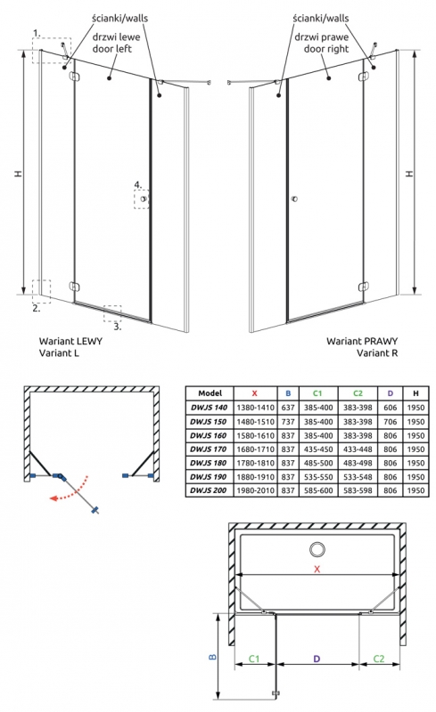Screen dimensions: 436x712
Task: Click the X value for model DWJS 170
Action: (x=255, y=449)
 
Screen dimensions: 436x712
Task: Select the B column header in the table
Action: (x=288, y=393)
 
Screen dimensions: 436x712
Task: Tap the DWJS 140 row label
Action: (x=209, y=408)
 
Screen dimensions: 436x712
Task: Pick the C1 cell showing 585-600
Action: (x=318, y=490)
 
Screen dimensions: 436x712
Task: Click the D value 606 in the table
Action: (x=390, y=408)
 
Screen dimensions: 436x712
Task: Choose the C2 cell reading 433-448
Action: (x=358, y=449)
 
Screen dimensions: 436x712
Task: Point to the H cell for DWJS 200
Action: (x=415, y=490)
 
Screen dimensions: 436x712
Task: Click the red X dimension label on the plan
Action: (x=317, y=569)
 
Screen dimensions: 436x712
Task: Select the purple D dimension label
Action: (x=317, y=659)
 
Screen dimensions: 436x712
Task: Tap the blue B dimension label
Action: (x=212, y=657)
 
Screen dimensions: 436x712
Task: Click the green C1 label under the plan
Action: (x=254, y=659)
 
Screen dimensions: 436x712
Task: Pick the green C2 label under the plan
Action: (x=379, y=659)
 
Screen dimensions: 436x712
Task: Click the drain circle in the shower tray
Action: (x=317, y=549)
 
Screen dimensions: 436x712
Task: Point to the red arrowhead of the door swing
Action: (x=53, y=498)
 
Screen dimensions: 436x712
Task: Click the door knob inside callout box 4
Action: (x=144, y=198)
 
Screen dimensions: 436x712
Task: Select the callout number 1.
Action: (x=37, y=33)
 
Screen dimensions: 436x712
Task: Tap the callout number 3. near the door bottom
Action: (x=118, y=327)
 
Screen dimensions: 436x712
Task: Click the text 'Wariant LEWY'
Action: (x=70, y=341)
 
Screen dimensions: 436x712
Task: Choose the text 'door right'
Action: (x=326, y=49)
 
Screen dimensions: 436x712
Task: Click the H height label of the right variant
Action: (x=409, y=173)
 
